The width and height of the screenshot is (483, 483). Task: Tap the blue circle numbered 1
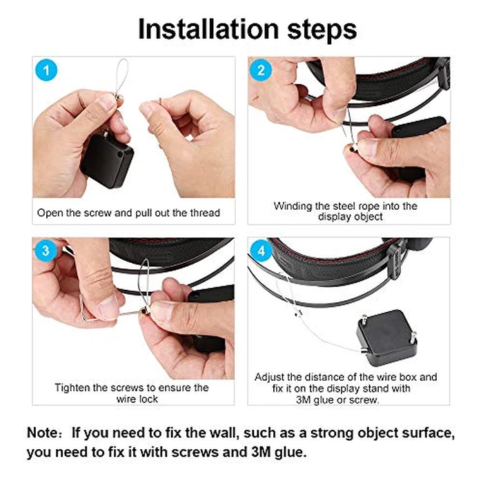(x=46, y=70)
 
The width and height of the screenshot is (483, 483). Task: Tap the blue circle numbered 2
(x=261, y=70)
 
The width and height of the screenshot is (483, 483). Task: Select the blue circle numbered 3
(x=46, y=251)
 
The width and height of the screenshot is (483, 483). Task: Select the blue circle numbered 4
(x=261, y=251)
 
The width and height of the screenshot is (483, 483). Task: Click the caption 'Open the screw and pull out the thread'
(x=128, y=213)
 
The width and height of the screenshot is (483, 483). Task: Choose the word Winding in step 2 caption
(x=294, y=206)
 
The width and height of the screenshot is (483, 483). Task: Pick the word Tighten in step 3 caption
(x=74, y=388)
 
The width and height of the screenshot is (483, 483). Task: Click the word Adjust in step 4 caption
(x=270, y=377)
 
